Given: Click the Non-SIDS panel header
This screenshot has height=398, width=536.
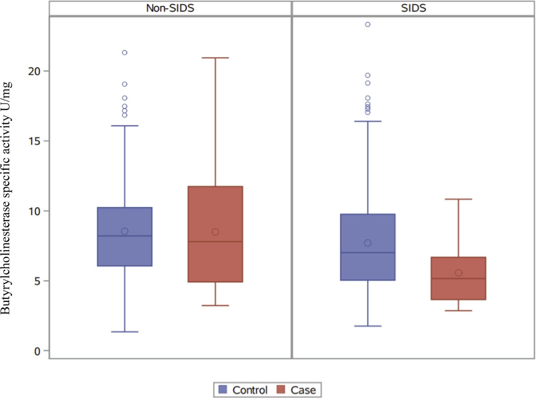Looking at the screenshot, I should [x=170, y=8].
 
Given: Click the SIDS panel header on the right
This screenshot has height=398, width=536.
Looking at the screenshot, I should [x=413, y=8].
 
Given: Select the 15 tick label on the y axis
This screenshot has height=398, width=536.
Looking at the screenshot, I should [x=34, y=141].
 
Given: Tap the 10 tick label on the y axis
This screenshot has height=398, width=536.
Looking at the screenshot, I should [x=34, y=211].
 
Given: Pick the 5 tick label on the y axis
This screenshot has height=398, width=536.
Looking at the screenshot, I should [x=37, y=281].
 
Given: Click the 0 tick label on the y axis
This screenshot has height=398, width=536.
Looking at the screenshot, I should [x=37, y=351].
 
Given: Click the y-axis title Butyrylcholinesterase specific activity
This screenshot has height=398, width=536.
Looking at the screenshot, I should [x=6, y=198].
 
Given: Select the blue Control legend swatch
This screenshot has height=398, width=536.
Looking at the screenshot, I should [x=223, y=389].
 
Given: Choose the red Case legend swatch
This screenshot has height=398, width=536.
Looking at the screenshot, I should [x=281, y=389].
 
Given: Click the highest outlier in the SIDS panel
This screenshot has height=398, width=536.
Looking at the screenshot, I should [x=368, y=24].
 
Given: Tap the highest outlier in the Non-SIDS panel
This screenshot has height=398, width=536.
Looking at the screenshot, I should [x=125, y=53].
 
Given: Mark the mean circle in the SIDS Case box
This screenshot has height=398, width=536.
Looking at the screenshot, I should [x=458, y=273].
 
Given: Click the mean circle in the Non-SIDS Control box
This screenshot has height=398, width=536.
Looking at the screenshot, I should [x=125, y=232].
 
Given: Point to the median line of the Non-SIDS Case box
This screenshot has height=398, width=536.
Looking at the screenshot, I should [x=215, y=242].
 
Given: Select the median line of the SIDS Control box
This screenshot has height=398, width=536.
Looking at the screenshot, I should [x=368, y=253].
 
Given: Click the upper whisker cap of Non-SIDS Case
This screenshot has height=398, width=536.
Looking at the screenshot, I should [x=215, y=58].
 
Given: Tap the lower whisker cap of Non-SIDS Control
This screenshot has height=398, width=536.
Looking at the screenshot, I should [x=125, y=332].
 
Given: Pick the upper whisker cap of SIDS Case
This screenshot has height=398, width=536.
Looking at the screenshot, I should [x=458, y=199].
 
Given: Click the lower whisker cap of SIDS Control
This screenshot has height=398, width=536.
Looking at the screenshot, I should [x=368, y=326].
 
